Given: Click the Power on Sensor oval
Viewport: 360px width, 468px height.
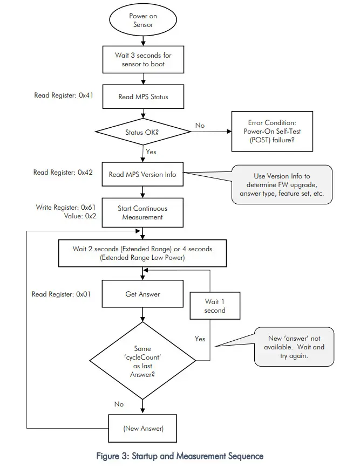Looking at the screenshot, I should click(142, 20).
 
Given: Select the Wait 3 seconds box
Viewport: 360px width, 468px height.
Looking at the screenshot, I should click(142, 59).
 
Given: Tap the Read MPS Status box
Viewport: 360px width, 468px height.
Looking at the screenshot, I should click(142, 97).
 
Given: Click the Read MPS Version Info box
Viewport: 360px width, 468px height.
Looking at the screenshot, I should click(142, 174).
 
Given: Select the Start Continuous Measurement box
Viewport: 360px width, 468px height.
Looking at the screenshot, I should click(142, 212).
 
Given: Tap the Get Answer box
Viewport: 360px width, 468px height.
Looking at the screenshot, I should click(142, 294).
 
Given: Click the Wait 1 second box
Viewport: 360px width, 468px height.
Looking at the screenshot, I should click(215, 306).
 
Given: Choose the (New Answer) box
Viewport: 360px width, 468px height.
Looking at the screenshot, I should click(142, 429).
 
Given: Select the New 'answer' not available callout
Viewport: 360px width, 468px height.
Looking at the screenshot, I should click(294, 347).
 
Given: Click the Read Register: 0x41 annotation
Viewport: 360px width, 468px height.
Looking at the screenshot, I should click(64, 95).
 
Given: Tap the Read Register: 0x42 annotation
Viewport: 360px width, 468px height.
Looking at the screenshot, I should click(64, 173).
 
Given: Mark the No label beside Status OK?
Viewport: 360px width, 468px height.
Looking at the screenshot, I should click(200, 125).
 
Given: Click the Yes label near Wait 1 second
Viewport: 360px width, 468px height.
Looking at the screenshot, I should click(200, 339).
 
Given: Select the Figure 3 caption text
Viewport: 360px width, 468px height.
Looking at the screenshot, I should click(179, 456).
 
